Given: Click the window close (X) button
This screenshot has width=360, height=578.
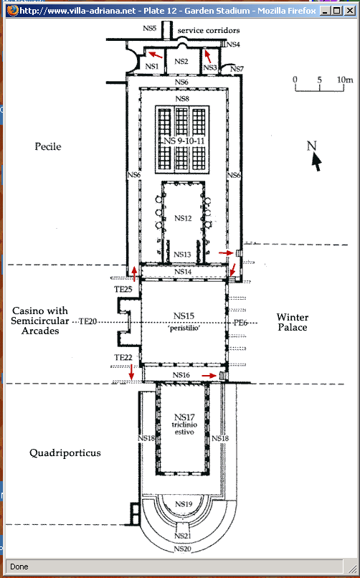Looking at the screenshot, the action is (x=349, y=11).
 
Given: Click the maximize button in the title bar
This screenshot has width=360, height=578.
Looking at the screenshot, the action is (x=337, y=11).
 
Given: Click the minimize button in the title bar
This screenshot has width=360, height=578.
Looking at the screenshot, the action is (x=325, y=11).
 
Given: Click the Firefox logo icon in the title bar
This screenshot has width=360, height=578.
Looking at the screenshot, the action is (x=12, y=10).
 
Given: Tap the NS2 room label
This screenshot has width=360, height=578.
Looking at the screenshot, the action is (x=181, y=62).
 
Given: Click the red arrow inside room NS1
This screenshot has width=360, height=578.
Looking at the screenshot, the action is (x=156, y=55).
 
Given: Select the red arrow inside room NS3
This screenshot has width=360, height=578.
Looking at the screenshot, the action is (x=208, y=56).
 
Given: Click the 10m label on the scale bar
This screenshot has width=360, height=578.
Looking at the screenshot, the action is (x=345, y=80).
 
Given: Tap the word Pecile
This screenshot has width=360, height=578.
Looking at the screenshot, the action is (x=48, y=146).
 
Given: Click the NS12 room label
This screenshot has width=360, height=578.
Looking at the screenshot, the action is (x=183, y=218).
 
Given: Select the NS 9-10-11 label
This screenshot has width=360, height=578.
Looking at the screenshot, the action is (x=184, y=141).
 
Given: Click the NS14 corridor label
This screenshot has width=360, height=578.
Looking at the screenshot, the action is (x=183, y=272).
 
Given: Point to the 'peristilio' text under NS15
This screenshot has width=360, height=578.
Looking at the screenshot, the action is (x=184, y=328).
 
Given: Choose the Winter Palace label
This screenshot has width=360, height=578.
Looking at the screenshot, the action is (x=292, y=322).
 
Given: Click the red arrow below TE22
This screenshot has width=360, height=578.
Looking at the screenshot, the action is (x=131, y=372).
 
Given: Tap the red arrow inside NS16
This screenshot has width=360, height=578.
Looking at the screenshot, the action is (x=209, y=375).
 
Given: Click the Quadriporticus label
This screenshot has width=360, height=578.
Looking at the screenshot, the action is (x=65, y=453).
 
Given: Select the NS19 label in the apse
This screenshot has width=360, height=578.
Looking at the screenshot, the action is (x=184, y=504).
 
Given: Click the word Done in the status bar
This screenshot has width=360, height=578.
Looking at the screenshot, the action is (x=19, y=567).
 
